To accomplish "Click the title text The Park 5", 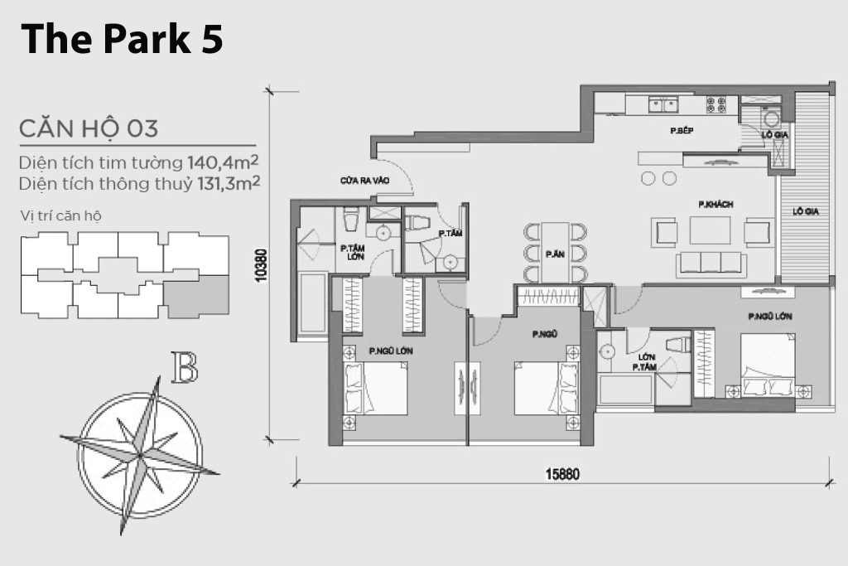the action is [x=122, y=40].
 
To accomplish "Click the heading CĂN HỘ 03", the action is [x=89, y=128].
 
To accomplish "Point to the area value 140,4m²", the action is [x=223, y=162].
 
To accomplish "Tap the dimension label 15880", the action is [x=562, y=474].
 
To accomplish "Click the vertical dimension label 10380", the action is [x=261, y=266].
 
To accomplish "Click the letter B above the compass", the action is [x=185, y=367].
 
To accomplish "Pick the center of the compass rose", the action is [x=140, y=456].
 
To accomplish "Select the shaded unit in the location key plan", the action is [x=196, y=296].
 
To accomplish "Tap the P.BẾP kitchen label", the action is [x=682, y=130].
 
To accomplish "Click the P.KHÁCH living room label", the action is [x=715, y=205].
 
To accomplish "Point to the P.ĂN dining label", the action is [x=555, y=254].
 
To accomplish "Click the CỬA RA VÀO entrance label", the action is [x=364, y=180].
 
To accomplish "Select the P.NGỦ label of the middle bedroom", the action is [x=545, y=335].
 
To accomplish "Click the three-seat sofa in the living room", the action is [x=711, y=263].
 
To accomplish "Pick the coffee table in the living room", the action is [x=710, y=230].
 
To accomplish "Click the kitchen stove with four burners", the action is [x=716, y=104].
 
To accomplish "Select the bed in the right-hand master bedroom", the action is [x=768, y=365].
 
